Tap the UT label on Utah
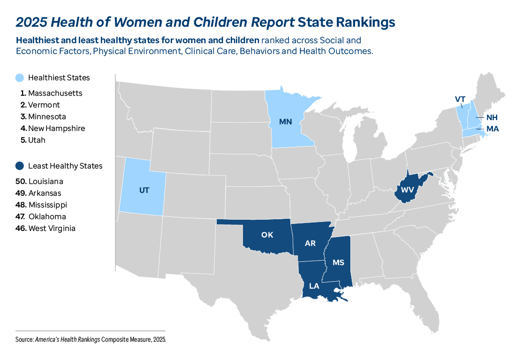(x=144, y=190)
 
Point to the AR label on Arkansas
(x=310, y=244)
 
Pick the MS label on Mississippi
(x=338, y=262)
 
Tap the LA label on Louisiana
(x=314, y=286)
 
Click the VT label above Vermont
(x=460, y=99)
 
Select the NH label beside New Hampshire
(x=492, y=117)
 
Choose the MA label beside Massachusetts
(x=492, y=129)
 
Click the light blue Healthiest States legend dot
(x=20, y=77)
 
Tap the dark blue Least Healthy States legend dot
(x=20, y=166)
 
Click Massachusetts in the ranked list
(x=54, y=93)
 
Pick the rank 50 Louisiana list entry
(x=45, y=181)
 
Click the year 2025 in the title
(x=31, y=22)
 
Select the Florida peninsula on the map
(x=429, y=310)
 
